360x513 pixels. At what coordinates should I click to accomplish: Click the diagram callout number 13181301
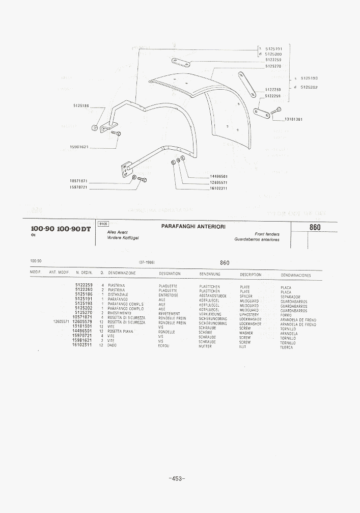[x=293, y=119]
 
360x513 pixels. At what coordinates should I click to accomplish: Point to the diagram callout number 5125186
[x=80, y=105]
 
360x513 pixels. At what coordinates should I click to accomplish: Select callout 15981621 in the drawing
[x=79, y=147]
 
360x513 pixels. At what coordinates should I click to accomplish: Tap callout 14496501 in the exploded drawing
[x=218, y=176]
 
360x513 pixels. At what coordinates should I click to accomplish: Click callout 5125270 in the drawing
[x=273, y=66]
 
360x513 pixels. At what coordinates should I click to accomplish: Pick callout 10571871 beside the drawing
[x=79, y=181]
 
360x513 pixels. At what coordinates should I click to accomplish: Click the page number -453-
[x=176, y=478]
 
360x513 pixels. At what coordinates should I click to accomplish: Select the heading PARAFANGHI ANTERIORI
[x=193, y=225]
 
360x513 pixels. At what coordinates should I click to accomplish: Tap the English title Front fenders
[x=267, y=234]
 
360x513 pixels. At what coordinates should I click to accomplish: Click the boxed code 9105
[x=103, y=224]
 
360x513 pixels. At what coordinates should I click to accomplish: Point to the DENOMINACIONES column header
[x=295, y=275]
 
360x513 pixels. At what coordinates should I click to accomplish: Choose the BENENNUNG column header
[x=209, y=274]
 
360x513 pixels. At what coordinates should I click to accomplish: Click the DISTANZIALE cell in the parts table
[x=118, y=294]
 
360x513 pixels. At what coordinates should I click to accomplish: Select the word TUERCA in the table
[x=287, y=347]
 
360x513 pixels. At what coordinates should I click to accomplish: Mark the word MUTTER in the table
[x=205, y=346]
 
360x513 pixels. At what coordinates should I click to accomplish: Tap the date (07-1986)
[x=147, y=262]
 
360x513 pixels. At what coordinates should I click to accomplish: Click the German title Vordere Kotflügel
[x=123, y=238]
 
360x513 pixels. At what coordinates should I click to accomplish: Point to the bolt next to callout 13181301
[x=276, y=110]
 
